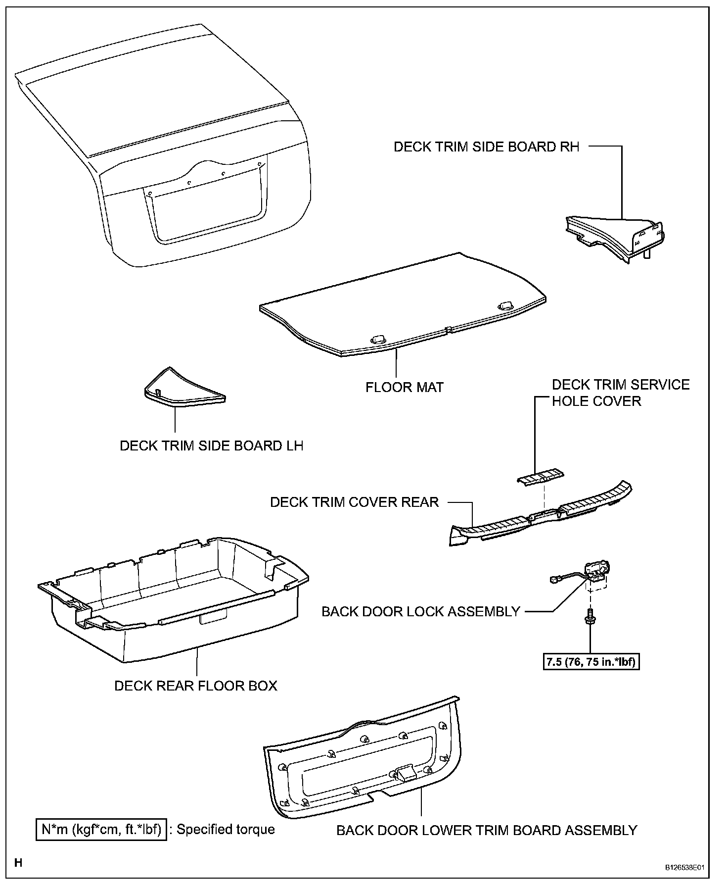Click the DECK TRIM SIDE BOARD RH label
[486, 147]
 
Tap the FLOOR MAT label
[405, 387]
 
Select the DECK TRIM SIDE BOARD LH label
[211, 445]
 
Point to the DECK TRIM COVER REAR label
[354, 502]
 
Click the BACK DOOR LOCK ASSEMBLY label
[420, 611]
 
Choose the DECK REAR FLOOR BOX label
[196, 686]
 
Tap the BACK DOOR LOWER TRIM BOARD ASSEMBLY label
[487, 830]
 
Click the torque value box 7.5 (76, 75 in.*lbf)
[591, 661]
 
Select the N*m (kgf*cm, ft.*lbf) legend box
[101, 829]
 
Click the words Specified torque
[226, 829]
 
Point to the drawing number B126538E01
[684, 868]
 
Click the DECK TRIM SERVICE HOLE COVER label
[620, 393]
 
